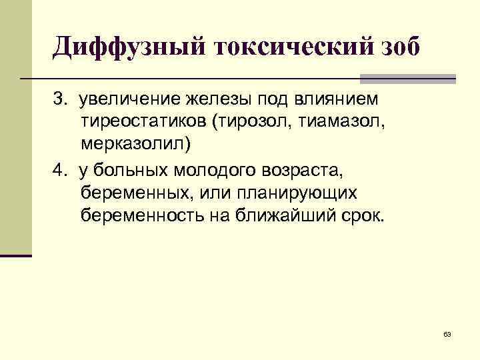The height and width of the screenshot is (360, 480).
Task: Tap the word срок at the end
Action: pos(366,217)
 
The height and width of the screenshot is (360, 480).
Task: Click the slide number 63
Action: pos(447,333)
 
